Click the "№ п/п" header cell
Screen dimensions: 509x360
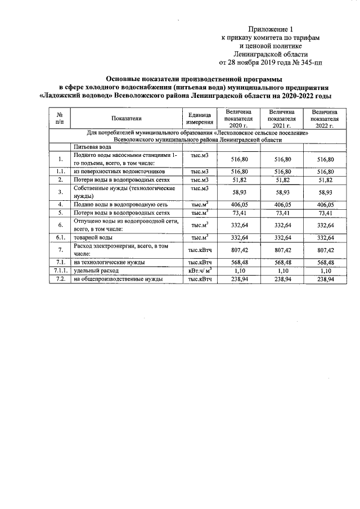click(x=60, y=118)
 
